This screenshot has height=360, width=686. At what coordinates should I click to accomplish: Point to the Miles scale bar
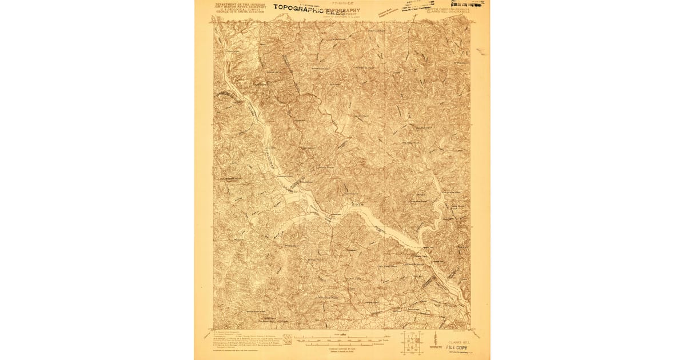point(342,339)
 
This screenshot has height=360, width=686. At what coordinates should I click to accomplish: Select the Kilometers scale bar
point(342,345)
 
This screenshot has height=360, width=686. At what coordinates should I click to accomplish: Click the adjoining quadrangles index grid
point(412,341)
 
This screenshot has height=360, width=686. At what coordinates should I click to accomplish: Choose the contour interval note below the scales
point(342,349)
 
